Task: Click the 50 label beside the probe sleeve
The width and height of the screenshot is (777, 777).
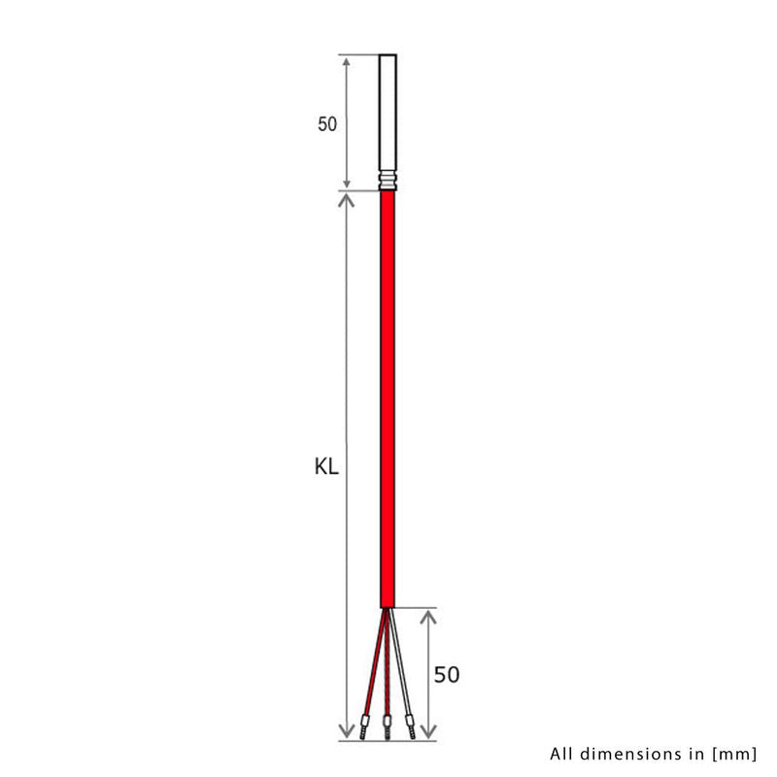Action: [326, 124]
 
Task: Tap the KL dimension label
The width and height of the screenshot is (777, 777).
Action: [326, 467]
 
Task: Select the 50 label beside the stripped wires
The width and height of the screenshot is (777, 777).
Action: [446, 673]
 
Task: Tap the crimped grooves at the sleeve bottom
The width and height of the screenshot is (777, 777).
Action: [388, 180]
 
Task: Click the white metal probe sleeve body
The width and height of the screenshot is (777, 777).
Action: [388, 112]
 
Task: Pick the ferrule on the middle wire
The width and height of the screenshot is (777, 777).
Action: [388, 724]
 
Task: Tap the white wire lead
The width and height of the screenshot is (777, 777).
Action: [401, 670]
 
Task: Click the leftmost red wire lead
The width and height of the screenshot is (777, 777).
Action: [373, 670]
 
